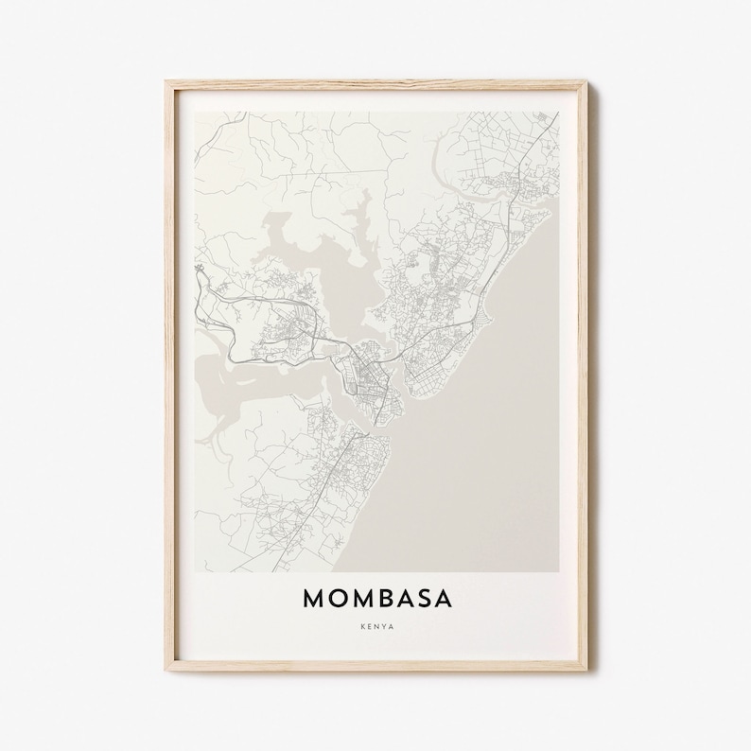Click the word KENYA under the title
376,625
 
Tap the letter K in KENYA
363,625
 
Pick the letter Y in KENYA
381,625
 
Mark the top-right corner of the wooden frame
586,83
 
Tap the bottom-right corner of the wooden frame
586,670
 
